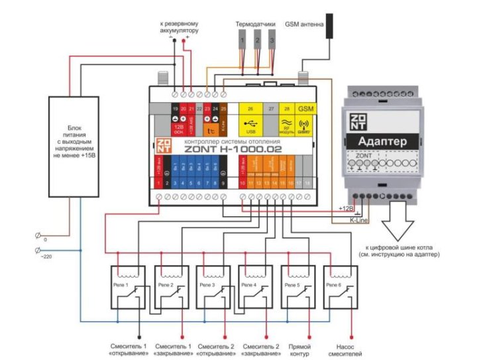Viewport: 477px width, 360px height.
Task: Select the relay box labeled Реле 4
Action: point(256,287)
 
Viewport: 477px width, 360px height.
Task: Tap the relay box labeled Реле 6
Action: point(340,287)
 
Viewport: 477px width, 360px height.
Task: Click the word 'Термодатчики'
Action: point(255,24)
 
